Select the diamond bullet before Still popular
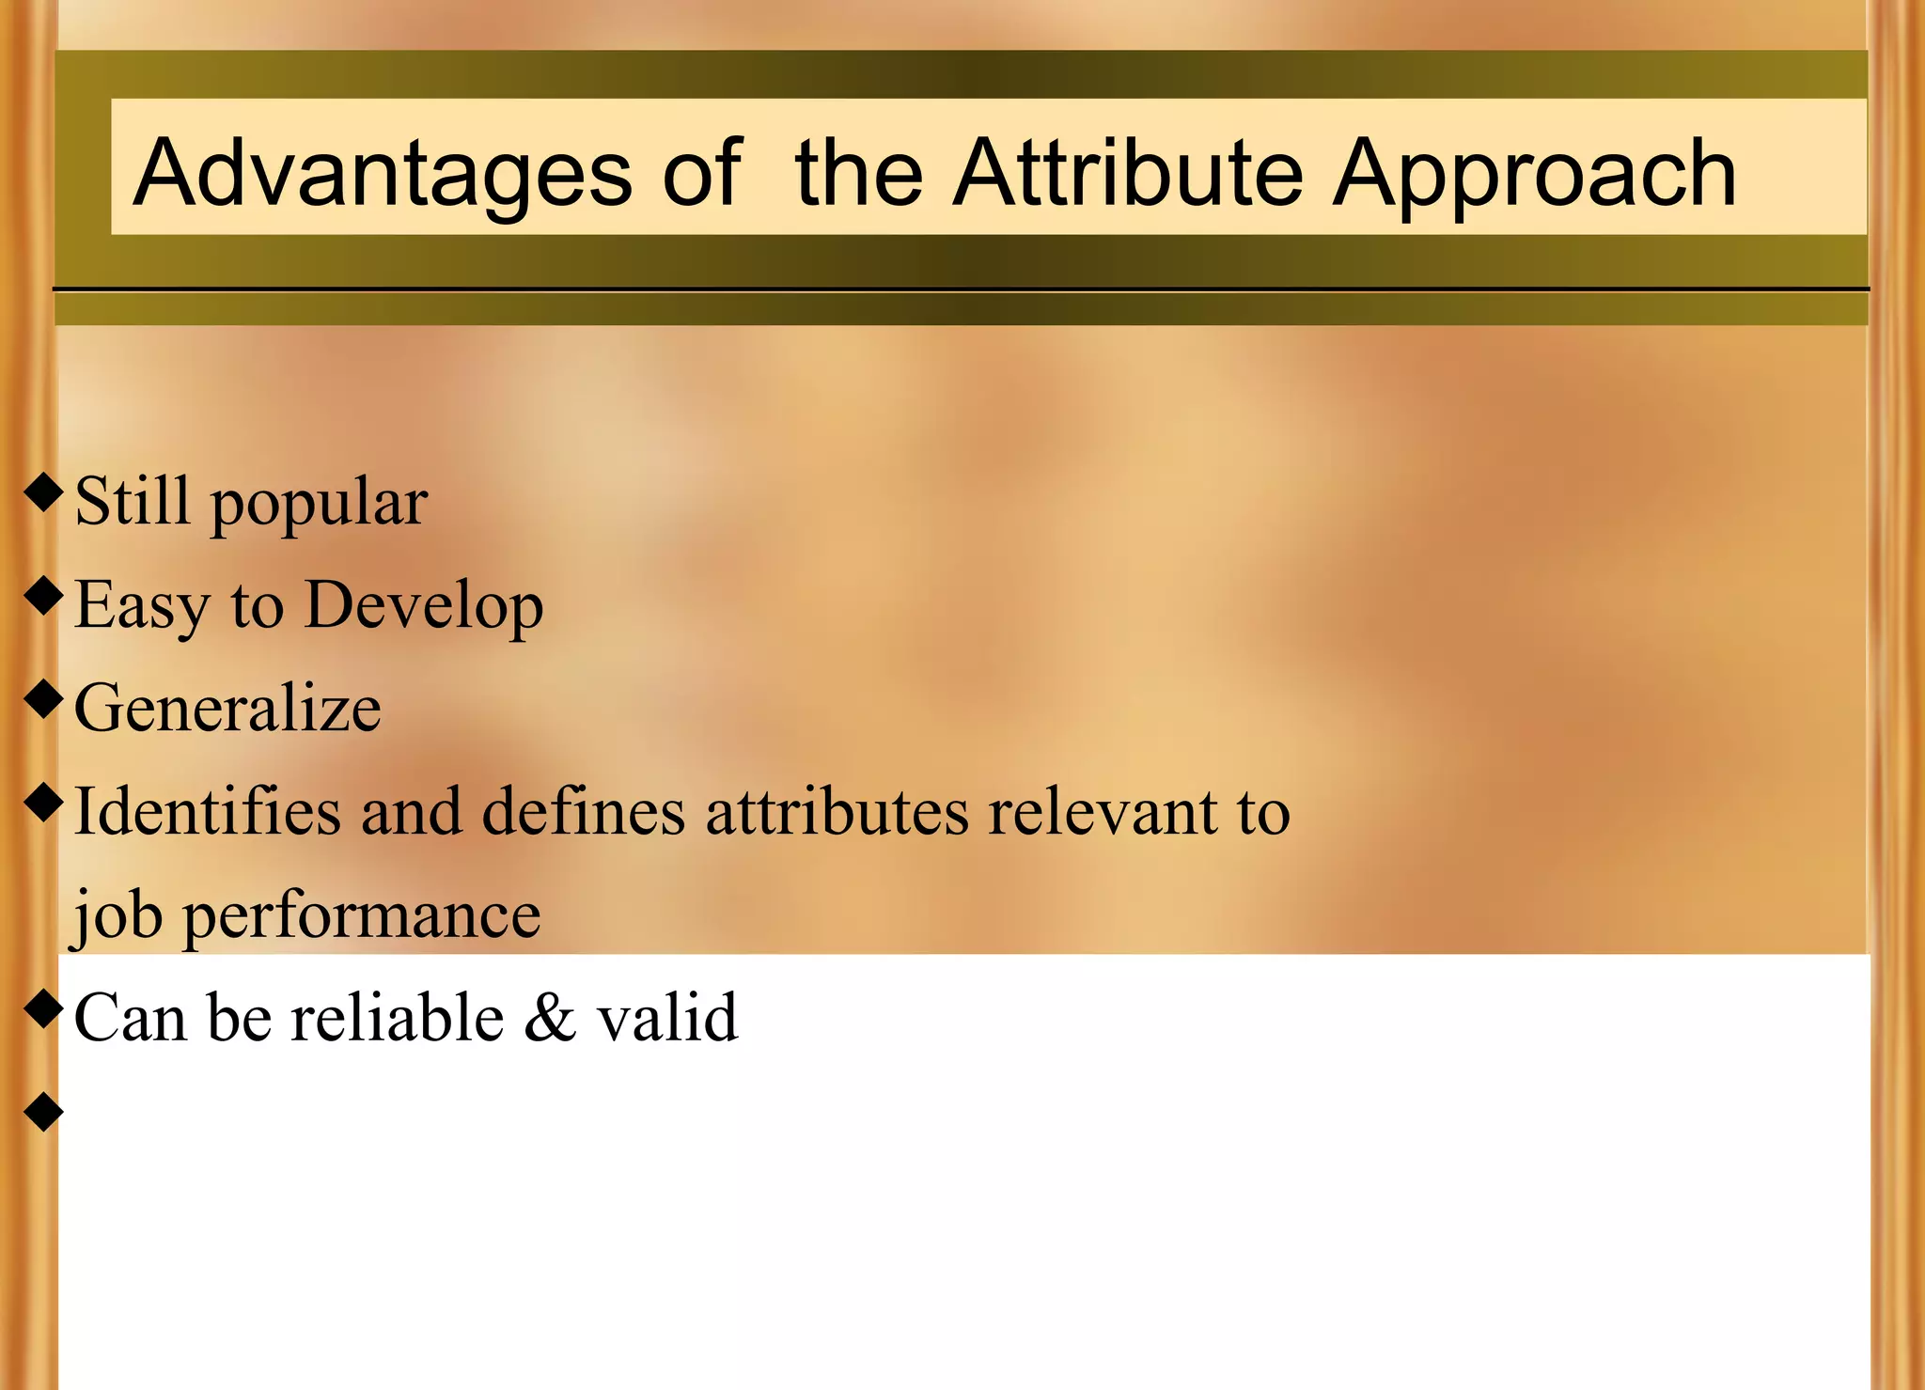click(43, 492)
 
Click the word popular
click(319, 504)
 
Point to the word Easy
click(141, 606)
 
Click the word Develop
click(424, 606)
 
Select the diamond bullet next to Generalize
click(43, 699)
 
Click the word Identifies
click(207, 811)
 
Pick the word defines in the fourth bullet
click(583, 811)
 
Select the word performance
click(361, 916)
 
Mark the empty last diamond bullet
click(43, 1112)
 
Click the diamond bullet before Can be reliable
click(43, 1009)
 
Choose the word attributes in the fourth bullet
click(837, 811)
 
